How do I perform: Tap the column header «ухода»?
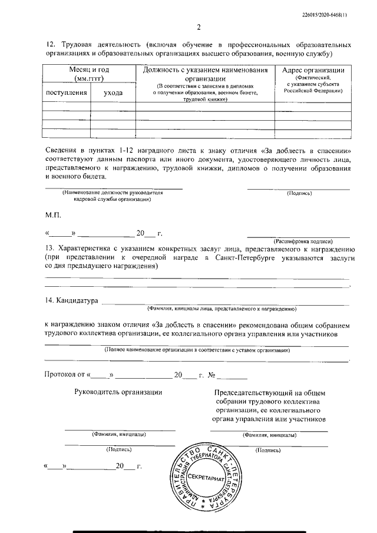(x=113, y=92)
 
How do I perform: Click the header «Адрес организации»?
(x=313, y=70)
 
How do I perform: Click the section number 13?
(x=49, y=250)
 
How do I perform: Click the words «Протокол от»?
(x=65, y=374)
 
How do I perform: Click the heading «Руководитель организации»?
(x=118, y=392)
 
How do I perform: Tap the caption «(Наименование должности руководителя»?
(x=112, y=193)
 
